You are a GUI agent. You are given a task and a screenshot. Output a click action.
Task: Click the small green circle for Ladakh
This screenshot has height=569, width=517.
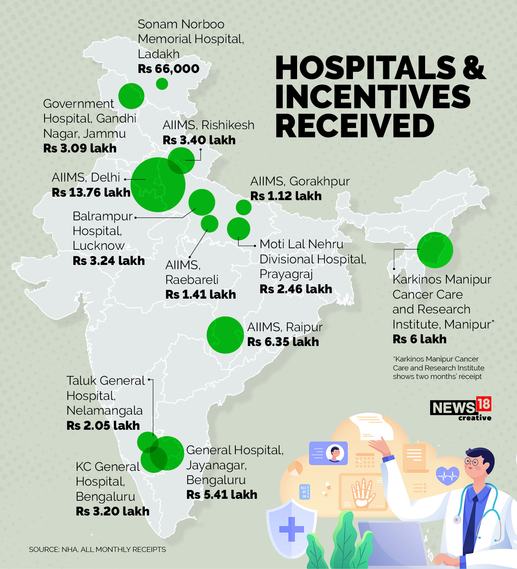pos(162,83)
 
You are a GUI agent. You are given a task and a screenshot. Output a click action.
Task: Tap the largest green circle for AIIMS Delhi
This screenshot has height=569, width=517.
pos(158,185)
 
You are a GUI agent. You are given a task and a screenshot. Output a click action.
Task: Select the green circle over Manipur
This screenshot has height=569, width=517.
pos(435,250)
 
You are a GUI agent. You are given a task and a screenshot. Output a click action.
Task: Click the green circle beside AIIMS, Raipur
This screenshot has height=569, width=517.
pos(225,335)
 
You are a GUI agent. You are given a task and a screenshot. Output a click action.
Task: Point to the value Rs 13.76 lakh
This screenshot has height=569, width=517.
pos(91,192)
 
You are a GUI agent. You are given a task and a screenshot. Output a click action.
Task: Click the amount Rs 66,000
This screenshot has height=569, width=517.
pos(168,69)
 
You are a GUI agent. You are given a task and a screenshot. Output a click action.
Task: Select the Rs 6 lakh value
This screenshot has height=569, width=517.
pos(419,339)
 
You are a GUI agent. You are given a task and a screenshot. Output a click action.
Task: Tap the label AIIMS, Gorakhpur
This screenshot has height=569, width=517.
pos(300,181)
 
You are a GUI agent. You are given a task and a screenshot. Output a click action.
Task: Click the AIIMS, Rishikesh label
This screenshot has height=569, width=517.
pos(208,125)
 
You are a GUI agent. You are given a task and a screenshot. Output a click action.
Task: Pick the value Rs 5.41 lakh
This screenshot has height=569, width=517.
pos(221,495)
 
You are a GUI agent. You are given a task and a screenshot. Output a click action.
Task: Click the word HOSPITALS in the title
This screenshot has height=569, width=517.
pos(365,67)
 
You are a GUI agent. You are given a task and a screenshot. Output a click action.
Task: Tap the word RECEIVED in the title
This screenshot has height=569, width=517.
pos(354,126)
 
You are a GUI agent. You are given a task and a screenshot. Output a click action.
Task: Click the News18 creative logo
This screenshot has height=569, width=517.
pos(460,408)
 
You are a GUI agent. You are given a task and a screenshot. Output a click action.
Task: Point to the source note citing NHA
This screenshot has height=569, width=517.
pos(97,550)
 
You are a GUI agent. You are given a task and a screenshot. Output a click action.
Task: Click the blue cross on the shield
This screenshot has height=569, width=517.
pos(292,529)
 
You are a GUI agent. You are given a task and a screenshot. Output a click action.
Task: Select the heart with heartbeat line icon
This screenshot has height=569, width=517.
pos(448,475)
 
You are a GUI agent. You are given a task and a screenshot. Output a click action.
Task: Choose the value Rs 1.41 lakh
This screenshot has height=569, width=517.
pos(201,294)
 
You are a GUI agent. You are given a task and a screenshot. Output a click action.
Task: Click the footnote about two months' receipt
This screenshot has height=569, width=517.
pos(438,368)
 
